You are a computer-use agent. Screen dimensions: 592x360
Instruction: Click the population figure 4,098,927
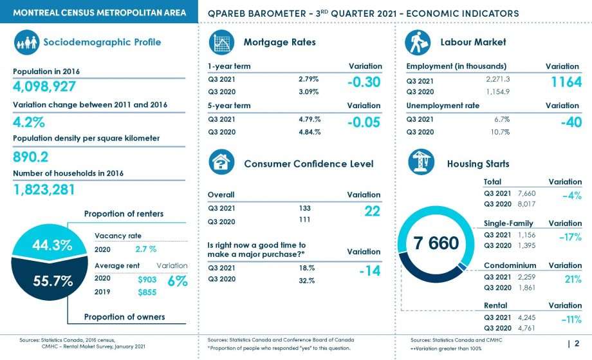44,86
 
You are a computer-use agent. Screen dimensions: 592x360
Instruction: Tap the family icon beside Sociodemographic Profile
27,43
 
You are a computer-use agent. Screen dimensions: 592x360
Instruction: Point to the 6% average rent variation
178,281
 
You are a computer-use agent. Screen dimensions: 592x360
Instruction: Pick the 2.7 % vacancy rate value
145,249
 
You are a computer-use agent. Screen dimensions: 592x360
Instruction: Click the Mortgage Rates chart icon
221,43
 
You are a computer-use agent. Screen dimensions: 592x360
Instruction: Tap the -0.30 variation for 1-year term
364,82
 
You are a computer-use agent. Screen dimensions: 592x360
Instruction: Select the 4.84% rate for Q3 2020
310,132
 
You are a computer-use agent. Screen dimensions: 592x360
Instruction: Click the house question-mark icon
221,162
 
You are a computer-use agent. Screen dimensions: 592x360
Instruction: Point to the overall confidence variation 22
373,211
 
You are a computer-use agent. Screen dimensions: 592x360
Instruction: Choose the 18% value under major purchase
306,268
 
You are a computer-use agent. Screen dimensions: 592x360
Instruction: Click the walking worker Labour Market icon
418,43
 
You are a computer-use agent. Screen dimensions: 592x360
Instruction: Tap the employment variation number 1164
566,82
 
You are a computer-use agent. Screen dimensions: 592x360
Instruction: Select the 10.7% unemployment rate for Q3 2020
500,132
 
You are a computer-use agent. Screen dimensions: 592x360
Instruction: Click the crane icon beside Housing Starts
421,162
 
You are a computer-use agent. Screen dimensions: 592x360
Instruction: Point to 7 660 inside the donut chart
436,243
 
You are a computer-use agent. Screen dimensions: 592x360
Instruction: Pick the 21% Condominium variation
573,279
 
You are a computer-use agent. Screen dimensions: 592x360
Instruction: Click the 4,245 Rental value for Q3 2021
526,317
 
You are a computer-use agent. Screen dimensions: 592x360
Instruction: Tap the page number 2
577,343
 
